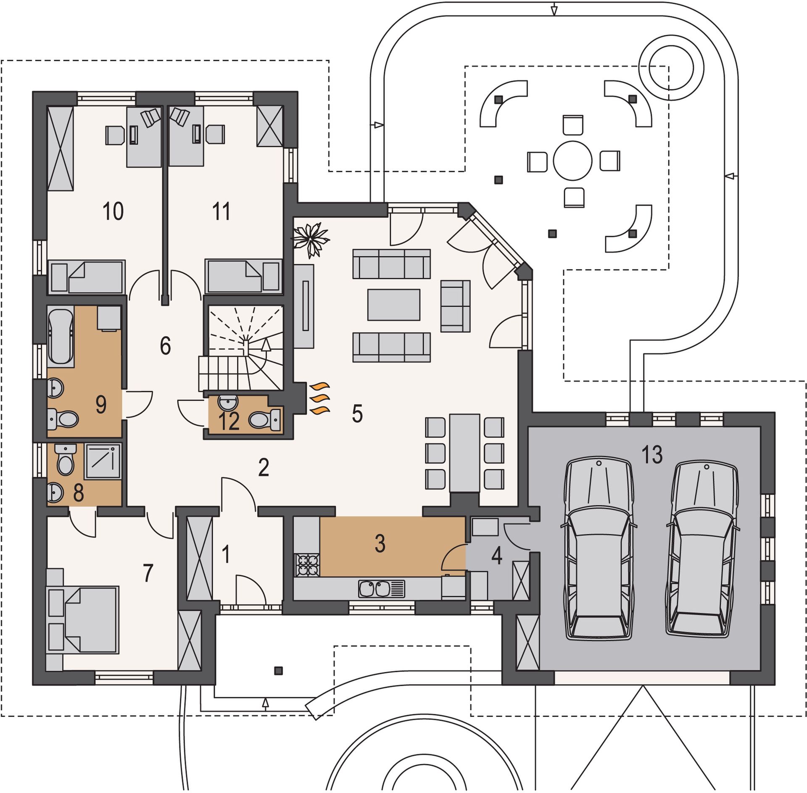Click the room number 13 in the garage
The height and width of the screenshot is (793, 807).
652,454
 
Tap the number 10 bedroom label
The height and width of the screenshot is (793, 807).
113,211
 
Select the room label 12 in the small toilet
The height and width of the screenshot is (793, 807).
229,421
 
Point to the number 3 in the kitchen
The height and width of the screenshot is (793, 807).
380,543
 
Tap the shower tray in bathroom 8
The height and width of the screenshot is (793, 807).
103,461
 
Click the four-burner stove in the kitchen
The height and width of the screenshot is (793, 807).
308,565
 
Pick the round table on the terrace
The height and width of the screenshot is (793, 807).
572,161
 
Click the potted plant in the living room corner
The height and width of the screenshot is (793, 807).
311,240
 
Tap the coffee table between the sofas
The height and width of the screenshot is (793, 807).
394,305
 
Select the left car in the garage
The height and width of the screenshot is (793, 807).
599,550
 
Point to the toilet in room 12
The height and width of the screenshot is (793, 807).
265,419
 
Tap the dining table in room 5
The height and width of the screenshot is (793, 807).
465,453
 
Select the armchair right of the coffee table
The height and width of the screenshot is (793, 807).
455,306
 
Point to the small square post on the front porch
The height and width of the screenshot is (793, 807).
278,671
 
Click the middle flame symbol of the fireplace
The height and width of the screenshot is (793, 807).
320,398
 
